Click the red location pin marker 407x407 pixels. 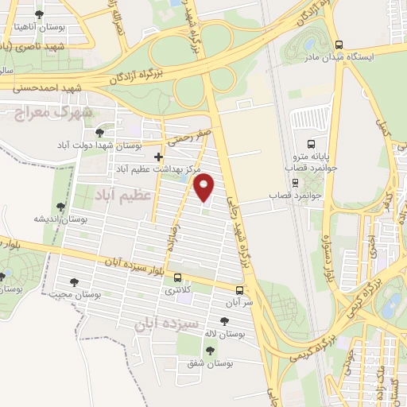tap(204, 188)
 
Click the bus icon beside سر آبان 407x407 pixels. tap(240, 290)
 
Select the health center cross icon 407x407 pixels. tap(158, 157)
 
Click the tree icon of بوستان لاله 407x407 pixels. tap(225, 321)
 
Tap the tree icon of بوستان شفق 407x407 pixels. tap(210, 350)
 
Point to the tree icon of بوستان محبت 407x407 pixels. tap(75, 281)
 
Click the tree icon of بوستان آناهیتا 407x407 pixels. tap(39, 14)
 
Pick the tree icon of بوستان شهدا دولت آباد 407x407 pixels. tap(99, 133)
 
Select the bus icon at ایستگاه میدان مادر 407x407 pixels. tap(339, 45)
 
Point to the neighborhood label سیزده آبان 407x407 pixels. tap(141, 324)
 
